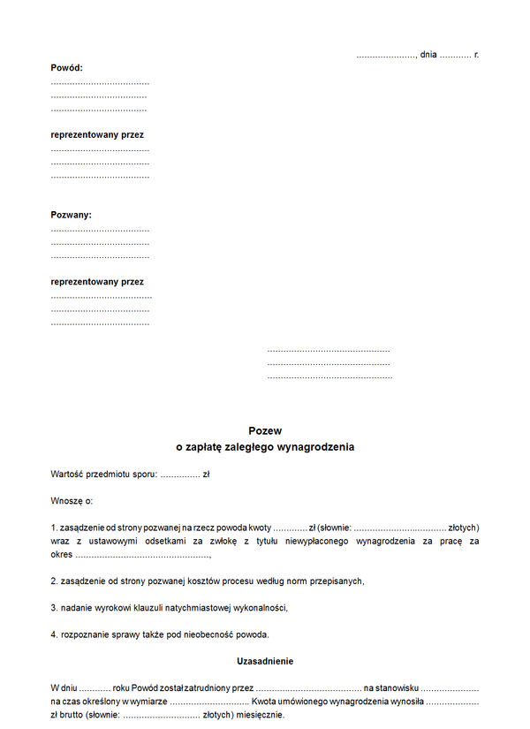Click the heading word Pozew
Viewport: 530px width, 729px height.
[x=265, y=431]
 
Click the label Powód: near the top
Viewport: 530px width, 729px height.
[x=67, y=67]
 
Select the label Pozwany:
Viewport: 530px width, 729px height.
[x=72, y=215]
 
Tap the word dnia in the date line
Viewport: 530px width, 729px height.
[x=428, y=55]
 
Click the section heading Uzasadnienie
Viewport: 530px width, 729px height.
[x=265, y=661]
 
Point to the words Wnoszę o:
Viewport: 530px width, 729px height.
[x=72, y=501]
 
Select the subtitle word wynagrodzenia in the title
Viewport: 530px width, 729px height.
[x=314, y=447]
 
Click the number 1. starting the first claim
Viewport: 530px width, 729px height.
[x=54, y=528]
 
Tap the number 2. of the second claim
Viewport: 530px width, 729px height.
[x=54, y=581]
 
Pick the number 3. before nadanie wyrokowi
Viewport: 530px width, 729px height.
[x=54, y=608]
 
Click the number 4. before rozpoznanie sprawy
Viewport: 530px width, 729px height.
[x=54, y=634]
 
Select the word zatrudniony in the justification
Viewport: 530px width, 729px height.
[x=205, y=687]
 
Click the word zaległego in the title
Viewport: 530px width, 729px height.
[x=247, y=447]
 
